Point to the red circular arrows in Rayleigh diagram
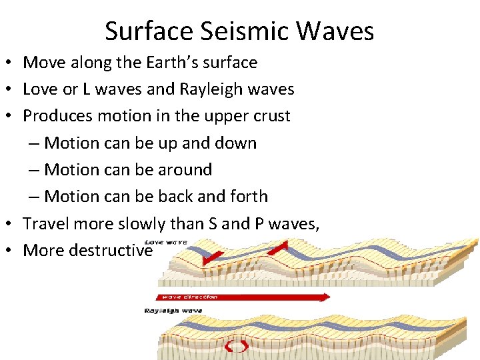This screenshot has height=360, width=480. click(x=237, y=346)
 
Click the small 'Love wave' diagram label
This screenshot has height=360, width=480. click(x=167, y=241)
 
